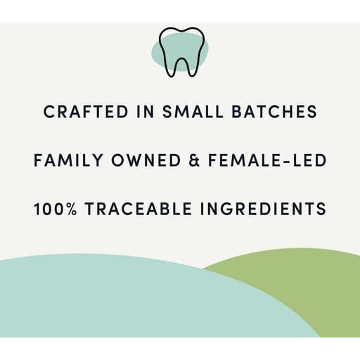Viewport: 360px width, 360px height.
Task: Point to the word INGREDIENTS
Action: point(264,210)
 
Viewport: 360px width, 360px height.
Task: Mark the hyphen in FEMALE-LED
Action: point(286,161)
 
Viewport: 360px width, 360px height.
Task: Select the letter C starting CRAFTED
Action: point(49,111)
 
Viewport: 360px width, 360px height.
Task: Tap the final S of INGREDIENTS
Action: point(321,210)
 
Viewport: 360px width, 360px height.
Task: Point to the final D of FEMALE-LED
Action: point(321,160)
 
